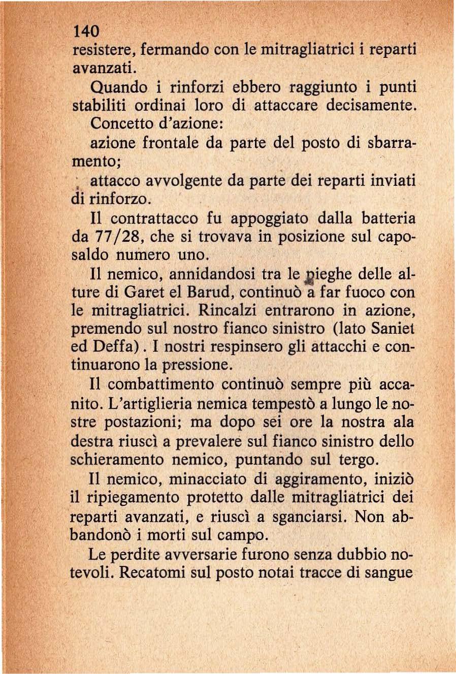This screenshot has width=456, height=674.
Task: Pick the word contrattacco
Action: [155, 219]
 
